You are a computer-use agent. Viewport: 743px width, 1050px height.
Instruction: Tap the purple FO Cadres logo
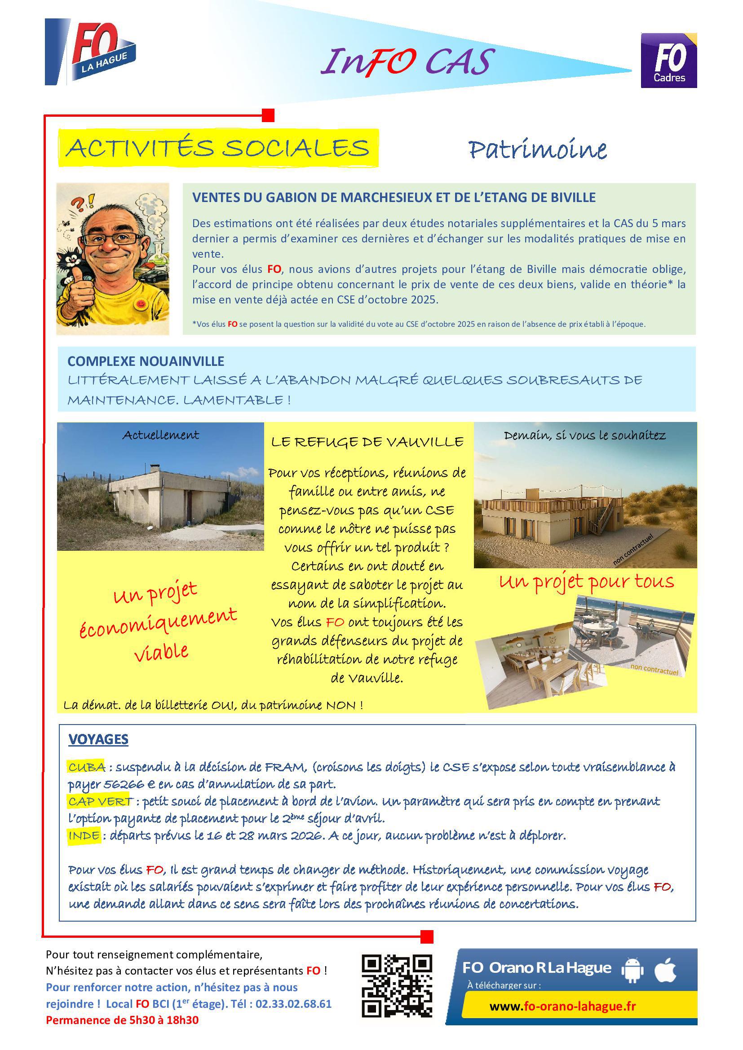coord(668,60)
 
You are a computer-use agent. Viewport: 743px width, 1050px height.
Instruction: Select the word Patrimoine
coord(538,149)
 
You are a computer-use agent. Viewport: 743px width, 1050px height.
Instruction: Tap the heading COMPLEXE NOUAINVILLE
coord(146,361)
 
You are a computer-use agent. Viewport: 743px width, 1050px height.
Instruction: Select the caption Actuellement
coord(160,435)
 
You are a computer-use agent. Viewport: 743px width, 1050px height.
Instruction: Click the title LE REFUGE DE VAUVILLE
coord(367,442)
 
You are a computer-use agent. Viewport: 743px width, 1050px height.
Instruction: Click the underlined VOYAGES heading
coord(98,739)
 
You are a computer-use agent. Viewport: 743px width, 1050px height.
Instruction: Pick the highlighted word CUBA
coord(86,767)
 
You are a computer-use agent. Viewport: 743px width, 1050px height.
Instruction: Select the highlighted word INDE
coord(84,836)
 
